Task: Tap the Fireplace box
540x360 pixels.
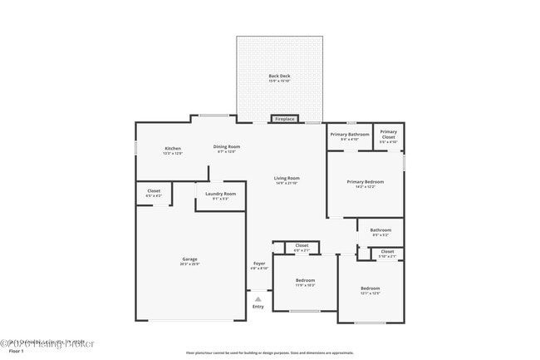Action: pyautogui.click(x=285, y=119)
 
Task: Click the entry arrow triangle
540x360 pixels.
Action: pyautogui.click(x=258, y=298)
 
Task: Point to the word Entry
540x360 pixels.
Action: pyautogui.click(x=258, y=307)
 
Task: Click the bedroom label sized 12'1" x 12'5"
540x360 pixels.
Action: pyautogui.click(x=370, y=290)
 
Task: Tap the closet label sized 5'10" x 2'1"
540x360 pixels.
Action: pyautogui.click(x=387, y=253)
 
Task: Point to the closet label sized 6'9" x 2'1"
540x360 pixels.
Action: pyautogui.click(x=302, y=247)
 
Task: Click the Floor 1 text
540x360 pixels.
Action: pyautogui.click(x=12, y=353)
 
